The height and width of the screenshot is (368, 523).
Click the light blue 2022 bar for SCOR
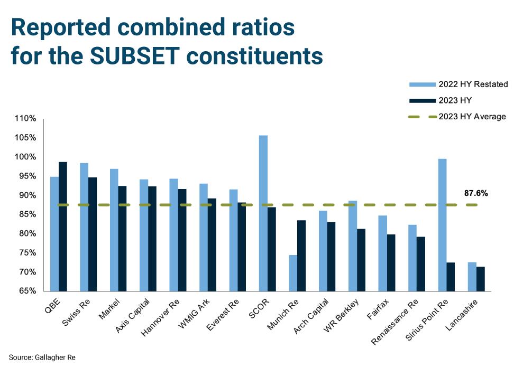coord(263,213)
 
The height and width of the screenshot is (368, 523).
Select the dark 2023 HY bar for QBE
coord(63,227)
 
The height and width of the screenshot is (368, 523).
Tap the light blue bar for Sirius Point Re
coord(442,225)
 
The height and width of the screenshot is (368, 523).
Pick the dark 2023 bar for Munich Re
coord(301,256)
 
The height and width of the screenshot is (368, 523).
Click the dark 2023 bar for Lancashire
coord(480,279)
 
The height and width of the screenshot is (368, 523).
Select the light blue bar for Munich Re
coord(293,273)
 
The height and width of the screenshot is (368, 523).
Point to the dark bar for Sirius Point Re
coord(451,277)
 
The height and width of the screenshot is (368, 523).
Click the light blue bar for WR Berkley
coord(353,246)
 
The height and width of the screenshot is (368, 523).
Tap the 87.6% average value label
coord(476,193)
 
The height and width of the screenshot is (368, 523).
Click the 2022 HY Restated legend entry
coord(458,84)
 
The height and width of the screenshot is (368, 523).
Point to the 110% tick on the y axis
coord(25,119)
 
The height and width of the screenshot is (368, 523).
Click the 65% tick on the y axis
coord(27,291)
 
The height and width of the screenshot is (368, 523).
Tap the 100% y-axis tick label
coord(25,157)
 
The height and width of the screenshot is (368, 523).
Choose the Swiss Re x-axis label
coord(76,313)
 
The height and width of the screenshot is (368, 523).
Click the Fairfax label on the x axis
coord(378,309)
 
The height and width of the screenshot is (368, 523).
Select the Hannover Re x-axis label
coord(160,317)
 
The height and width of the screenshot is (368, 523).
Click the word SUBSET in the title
coord(135,55)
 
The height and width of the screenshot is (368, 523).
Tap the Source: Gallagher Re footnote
coord(42,357)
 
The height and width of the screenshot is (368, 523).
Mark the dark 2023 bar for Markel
coord(122,239)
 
